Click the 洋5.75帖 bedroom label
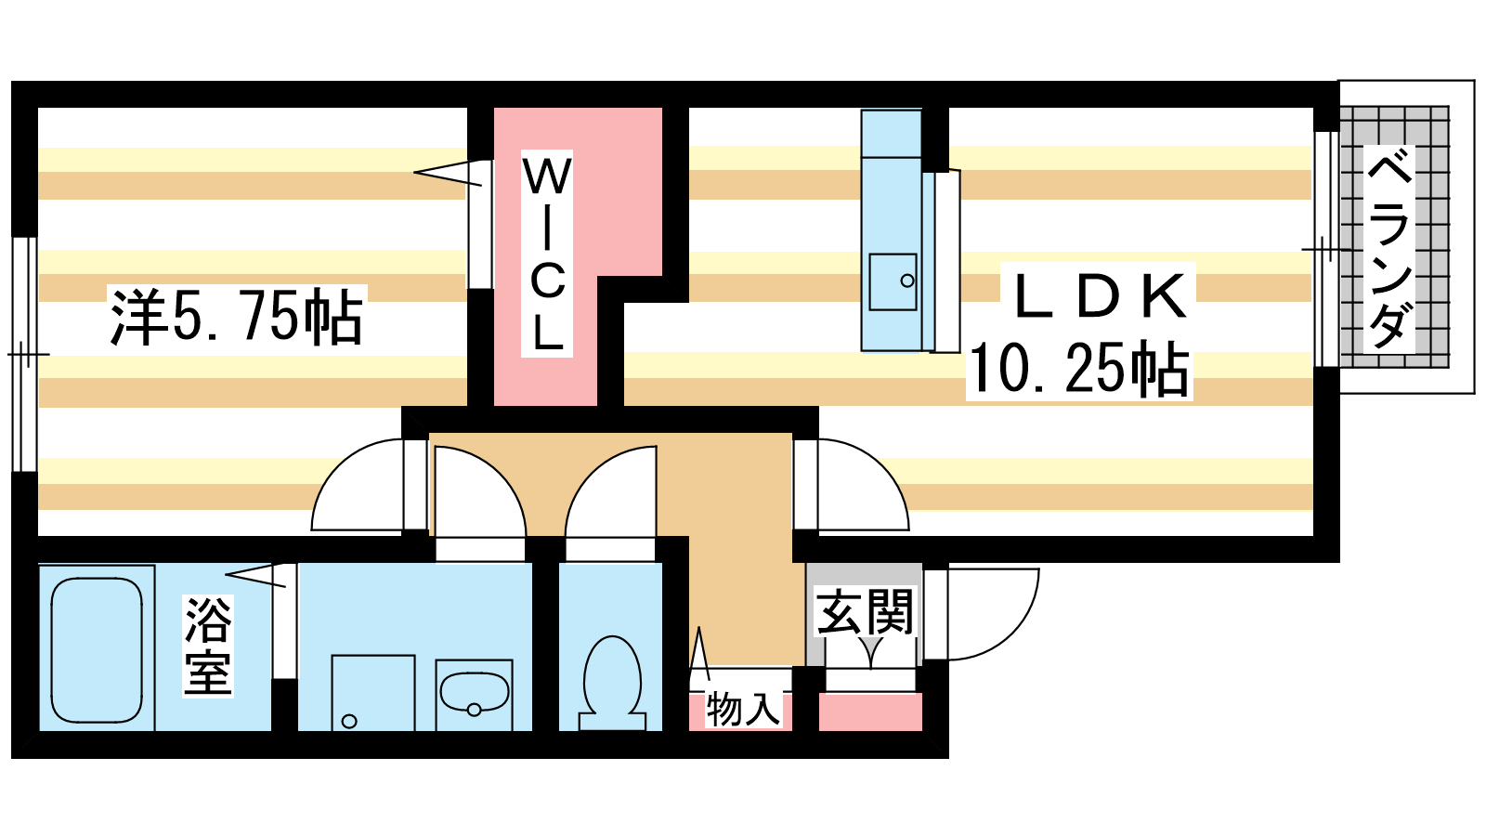click(x=237, y=317)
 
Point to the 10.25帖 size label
click(x=1078, y=369)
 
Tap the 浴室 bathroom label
click(x=208, y=646)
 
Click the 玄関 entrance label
click(x=865, y=611)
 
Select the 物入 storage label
click(x=742, y=710)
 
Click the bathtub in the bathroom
click(x=97, y=650)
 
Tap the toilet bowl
click(x=612, y=684)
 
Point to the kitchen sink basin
click(x=893, y=281)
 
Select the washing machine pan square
click(x=373, y=693)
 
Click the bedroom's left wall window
click(x=24, y=354)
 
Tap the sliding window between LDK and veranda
click(x=1327, y=250)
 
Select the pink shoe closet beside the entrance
click(x=870, y=712)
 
